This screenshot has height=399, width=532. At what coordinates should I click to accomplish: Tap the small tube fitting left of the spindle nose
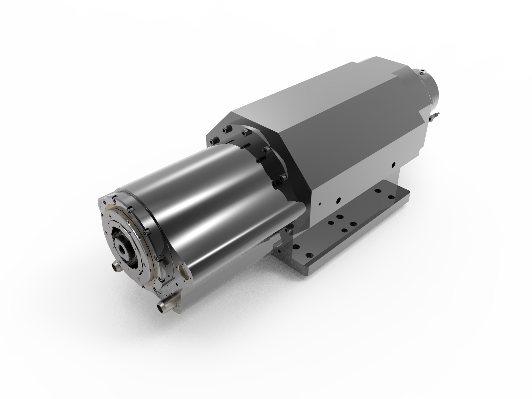click(x=115, y=265)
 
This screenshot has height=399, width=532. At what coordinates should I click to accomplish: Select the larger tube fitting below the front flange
click(x=165, y=305)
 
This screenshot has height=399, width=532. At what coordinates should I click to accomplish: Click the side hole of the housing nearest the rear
click(x=393, y=164)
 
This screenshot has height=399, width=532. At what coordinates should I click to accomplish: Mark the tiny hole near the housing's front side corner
click(x=319, y=204)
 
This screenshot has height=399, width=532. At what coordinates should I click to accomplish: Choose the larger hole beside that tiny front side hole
click(x=338, y=200)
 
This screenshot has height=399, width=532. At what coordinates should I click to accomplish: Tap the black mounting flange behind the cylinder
click(x=266, y=160)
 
